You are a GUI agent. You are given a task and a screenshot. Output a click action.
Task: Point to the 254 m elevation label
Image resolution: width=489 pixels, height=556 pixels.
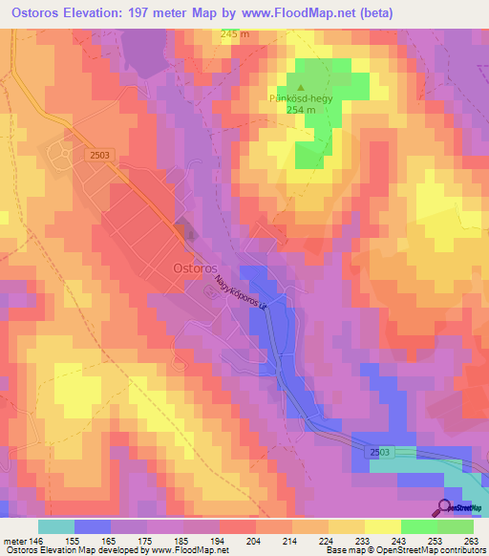(301, 110)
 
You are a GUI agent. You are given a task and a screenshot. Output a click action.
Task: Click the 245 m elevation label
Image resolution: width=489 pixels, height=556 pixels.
(234, 34)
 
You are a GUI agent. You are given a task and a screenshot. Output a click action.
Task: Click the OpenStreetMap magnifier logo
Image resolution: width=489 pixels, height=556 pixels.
(447, 507)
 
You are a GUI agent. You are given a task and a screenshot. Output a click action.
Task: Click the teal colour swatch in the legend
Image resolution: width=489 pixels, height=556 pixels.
(55, 526)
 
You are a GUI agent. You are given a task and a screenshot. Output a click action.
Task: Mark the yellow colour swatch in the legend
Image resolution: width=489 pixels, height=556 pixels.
(382, 526)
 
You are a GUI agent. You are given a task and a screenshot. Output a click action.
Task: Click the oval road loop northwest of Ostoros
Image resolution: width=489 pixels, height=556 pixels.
(60, 152)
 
